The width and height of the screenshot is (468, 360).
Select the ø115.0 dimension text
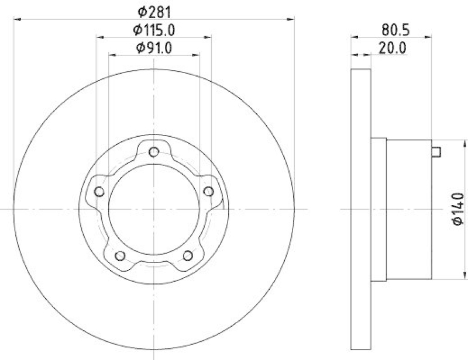click(154, 29)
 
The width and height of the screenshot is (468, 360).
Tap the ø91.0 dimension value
click(154, 49)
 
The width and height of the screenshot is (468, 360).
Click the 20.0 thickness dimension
click(391, 49)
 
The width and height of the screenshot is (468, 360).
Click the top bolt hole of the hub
click(154, 152)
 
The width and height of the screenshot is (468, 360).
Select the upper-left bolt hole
click(99, 192)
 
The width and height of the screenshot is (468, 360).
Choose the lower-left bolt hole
click(120, 255)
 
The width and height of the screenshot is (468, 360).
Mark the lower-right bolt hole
click(188, 255)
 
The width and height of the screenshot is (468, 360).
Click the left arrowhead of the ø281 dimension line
click(17, 19)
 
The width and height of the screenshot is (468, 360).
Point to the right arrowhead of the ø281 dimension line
click(290, 19)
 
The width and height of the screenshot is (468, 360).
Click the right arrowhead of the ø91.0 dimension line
click(197, 56)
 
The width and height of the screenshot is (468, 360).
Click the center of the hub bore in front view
click(154, 209)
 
